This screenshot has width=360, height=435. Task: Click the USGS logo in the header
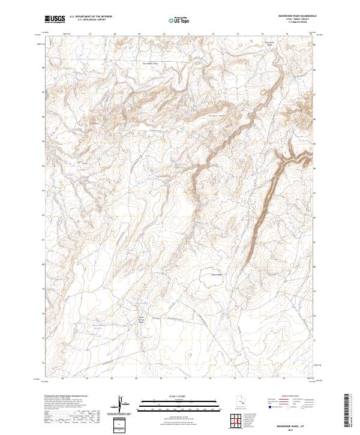[55, 19]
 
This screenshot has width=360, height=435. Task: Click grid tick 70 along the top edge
[164, 35]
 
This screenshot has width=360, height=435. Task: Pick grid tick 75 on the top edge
[287, 35]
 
